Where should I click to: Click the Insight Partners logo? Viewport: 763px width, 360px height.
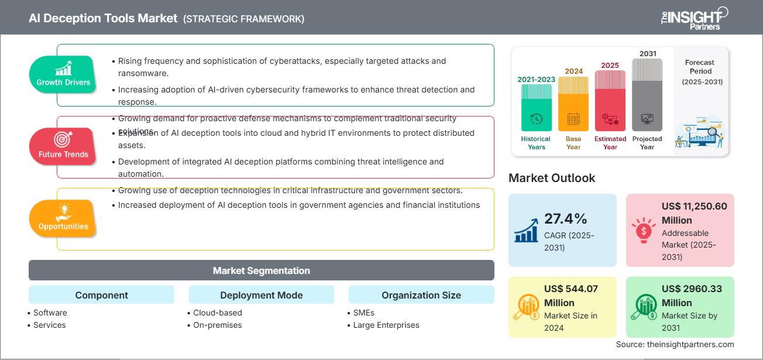point(693,18)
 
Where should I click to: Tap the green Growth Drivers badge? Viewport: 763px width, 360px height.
point(63,74)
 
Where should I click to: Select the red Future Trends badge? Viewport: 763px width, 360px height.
point(63,146)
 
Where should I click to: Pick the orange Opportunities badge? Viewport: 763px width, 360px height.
point(63,218)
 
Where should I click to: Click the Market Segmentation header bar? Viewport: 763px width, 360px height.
point(261,270)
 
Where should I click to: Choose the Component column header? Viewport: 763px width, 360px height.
point(101,295)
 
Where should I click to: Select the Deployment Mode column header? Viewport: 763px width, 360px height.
point(261,295)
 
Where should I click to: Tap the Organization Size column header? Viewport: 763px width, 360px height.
point(421,295)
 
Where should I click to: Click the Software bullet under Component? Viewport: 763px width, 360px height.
point(50,313)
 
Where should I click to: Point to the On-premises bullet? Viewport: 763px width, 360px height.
point(217,325)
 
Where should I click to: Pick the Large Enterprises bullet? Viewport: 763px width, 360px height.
point(386,325)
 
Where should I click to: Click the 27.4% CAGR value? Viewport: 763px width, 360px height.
point(565,219)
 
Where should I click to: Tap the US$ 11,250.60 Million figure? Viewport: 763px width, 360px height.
point(695,213)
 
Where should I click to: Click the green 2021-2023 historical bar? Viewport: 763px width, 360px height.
point(536,107)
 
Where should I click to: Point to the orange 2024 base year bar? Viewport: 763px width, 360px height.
point(573,104)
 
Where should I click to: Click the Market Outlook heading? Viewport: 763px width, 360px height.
point(552,178)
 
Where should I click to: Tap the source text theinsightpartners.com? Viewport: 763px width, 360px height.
point(675,344)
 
